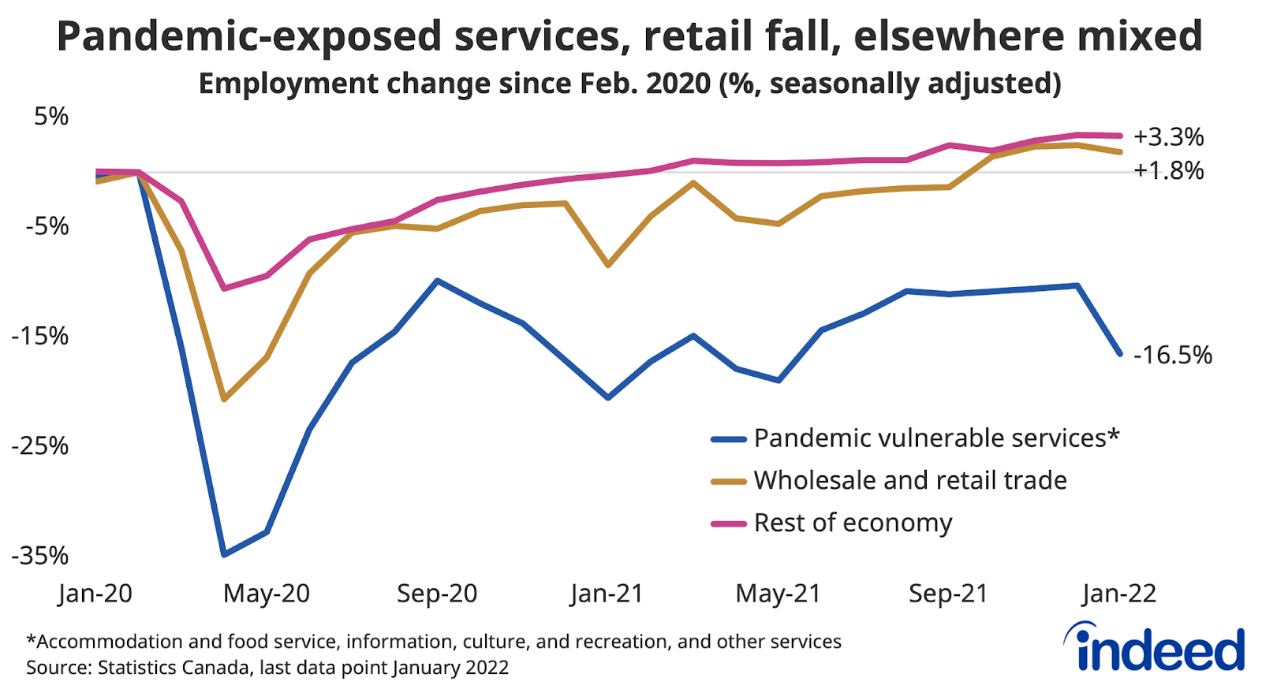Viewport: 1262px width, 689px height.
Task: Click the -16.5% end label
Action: click(x=1172, y=356)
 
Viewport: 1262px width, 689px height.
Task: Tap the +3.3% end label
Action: click(x=1168, y=137)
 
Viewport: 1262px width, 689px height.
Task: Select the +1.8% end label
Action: click(x=1168, y=170)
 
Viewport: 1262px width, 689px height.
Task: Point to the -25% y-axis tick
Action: click(x=40, y=446)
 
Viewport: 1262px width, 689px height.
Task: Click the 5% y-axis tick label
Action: click(x=51, y=117)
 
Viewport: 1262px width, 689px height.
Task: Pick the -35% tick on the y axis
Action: click(x=40, y=557)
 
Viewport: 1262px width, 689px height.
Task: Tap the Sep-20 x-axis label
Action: click(x=437, y=594)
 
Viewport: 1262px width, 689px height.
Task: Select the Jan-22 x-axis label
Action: click(x=1119, y=594)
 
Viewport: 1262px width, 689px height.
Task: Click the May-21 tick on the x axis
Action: click(x=778, y=594)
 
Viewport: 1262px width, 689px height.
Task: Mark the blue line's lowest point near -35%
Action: click(x=225, y=555)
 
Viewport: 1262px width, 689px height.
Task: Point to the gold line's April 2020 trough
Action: click(x=225, y=400)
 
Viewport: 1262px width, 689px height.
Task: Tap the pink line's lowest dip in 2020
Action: click(x=225, y=289)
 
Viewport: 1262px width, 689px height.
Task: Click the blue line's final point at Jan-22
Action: click(x=1119, y=354)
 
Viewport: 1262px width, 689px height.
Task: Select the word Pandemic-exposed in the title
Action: click(x=249, y=36)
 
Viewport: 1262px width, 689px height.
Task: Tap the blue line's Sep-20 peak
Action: click(x=438, y=281)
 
